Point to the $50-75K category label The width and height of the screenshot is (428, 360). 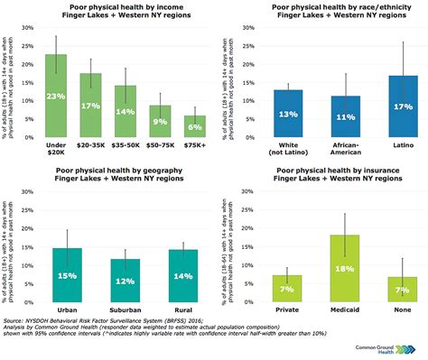click(160, 143)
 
